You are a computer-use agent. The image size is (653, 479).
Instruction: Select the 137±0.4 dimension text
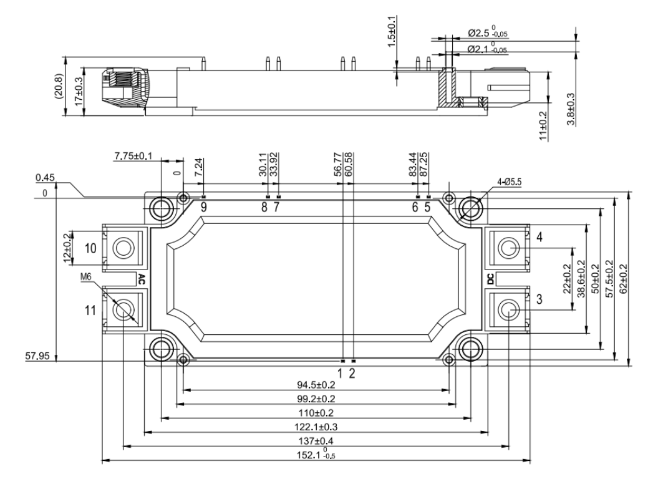click(x=317, y=441)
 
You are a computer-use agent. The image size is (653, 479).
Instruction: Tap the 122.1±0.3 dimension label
click(x=317, y=427)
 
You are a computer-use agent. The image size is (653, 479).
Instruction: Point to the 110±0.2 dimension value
click(x=317, y=412)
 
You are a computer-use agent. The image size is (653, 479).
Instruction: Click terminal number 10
click(x=90, y=248)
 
